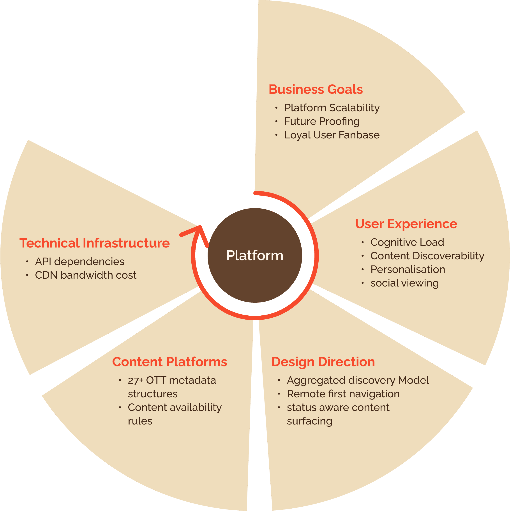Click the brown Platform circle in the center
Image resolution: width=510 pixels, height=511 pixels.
point(255,255)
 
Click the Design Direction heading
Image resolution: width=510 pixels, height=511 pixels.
point(323,362)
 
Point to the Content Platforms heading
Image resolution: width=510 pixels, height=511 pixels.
point(169,362)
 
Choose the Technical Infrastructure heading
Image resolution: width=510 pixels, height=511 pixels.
point(94,243)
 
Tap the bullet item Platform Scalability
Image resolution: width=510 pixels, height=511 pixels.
point(332,108)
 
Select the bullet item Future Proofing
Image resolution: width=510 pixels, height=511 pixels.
point(322,121)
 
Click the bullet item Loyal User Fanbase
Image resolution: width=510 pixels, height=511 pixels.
point(332,135)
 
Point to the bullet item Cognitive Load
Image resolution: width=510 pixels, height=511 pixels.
point(407,242)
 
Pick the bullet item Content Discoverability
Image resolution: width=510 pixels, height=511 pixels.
point(427,256)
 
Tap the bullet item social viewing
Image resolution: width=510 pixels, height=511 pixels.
point(404,283)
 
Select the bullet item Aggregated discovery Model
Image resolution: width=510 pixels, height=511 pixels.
point(358,380)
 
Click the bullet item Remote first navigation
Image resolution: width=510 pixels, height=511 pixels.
point(343,394)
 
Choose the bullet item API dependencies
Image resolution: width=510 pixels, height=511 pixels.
point(79,262)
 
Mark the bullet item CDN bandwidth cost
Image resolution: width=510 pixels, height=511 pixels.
point(86,275)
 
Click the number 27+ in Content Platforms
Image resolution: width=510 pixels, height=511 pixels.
point(135,380)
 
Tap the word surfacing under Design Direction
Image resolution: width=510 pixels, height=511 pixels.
point(309,421)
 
